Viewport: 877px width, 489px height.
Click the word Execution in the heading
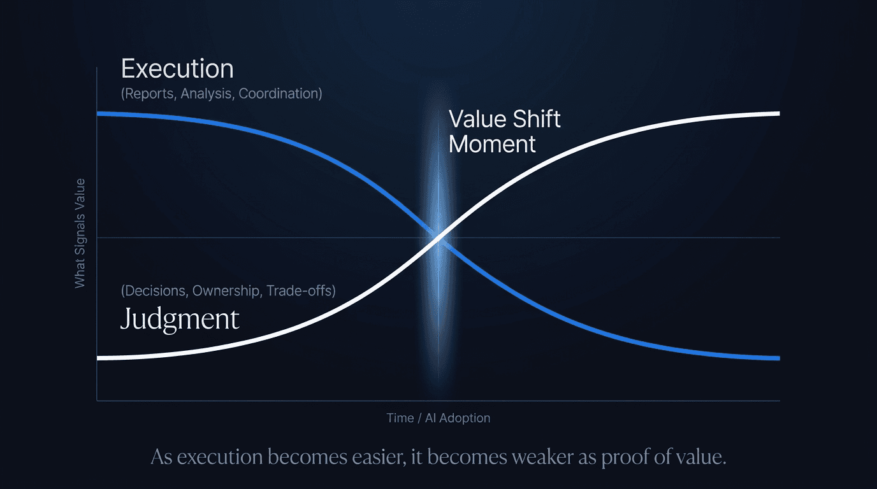177,69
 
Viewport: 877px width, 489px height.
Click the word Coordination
280,94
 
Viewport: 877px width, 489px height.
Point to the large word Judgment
180,318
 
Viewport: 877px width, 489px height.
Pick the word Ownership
226,291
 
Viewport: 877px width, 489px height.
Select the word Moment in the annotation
492,144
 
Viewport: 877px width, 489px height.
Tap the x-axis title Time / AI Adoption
438,418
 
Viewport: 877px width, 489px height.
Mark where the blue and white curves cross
438,237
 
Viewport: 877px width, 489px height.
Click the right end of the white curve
778,113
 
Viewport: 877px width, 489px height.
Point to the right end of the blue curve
778,358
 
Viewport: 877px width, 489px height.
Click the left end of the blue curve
98,113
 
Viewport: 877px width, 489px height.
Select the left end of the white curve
98,358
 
